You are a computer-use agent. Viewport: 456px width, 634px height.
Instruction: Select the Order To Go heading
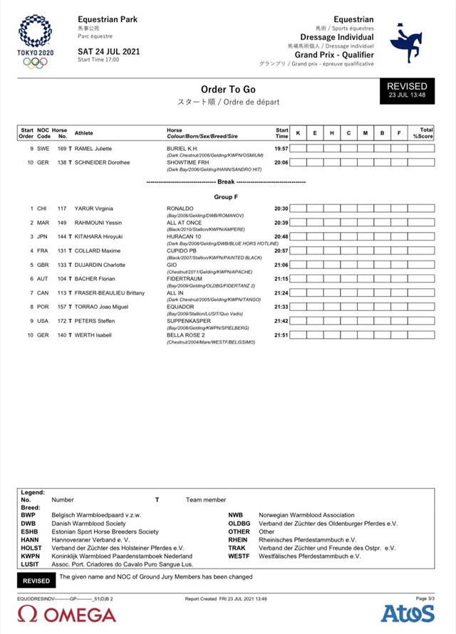[228, 89]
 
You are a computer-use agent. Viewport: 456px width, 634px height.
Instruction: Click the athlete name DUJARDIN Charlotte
[100, 265]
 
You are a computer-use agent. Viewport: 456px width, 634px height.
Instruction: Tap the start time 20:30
[281, 208]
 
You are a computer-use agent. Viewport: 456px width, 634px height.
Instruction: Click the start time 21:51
[281, 334]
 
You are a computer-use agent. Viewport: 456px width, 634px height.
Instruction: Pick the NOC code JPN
[42, 236]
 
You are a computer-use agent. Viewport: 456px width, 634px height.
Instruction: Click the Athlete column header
[84, 133]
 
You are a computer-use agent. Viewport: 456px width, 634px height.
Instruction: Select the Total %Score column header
[425, 133]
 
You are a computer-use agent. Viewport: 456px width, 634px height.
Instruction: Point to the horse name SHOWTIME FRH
[186, 162]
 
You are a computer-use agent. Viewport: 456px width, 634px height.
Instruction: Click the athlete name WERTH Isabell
[94, 334]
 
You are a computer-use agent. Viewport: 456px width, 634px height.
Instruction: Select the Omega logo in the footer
[67, 613]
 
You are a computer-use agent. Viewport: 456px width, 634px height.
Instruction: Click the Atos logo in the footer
[408, 613]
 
